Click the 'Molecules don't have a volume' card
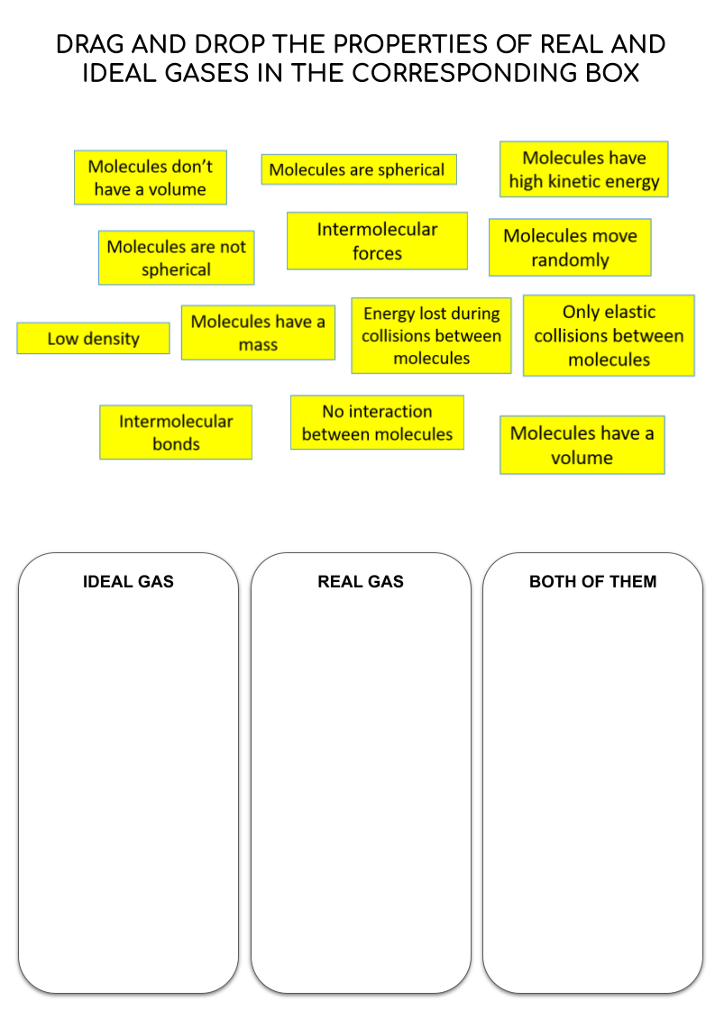point(151,177)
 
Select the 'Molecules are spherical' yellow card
point(359,169)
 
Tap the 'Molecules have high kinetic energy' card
point(584,169)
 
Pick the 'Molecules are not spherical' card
point(176,258)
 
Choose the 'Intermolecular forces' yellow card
point(377,241)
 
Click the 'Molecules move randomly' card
point(570,248)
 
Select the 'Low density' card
point(94,338)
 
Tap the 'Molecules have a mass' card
point(258,332)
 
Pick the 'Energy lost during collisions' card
point(431,335)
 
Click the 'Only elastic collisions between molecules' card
point(609,335)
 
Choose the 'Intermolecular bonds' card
point(176,432)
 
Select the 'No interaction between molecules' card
point(377,423)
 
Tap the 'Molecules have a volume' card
point(582,445)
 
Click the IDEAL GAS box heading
point(128,582)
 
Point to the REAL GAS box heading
point(361,582)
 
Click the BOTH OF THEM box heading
point(592,582)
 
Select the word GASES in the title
point(206,73)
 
